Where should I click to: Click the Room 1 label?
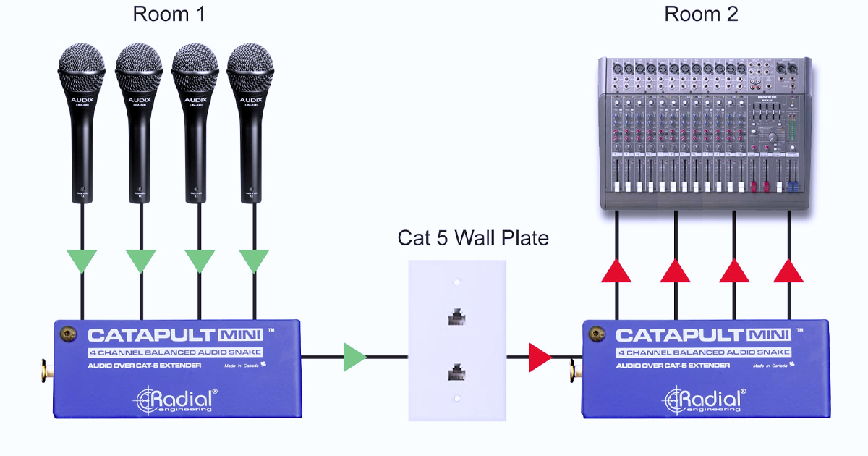(x=169, y=14)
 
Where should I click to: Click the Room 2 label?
(x=701, y=14)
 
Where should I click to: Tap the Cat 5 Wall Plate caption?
(x=473, y=238)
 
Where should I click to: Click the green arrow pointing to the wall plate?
(x=354, y=357)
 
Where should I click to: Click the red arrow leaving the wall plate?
(x=539, y=357)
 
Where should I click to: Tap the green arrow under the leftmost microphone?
(x=82, y=260)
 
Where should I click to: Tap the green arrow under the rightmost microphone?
(x=254, y=260)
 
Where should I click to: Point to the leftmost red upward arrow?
(x=616, y=271)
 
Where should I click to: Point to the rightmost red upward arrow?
(x=788, y=271)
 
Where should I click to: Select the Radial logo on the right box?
(x=705, y=399)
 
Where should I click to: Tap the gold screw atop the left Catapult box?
(x=69, y=334)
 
